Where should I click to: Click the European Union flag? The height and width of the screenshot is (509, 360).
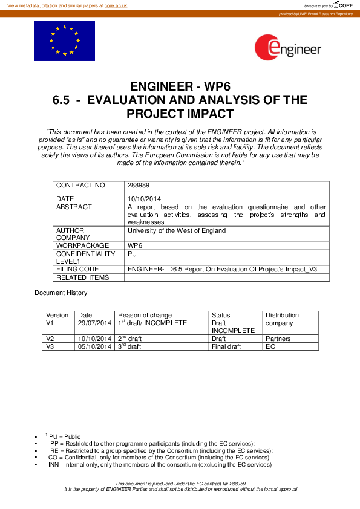[x=65, y=41]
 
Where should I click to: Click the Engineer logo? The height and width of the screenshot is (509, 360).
[x=288, y=48]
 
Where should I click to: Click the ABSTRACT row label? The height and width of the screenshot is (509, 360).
[x=74, y=207]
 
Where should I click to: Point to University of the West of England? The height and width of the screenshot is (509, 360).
[x=177, y=230]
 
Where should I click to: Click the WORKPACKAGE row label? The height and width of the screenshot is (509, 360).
[x=82, y=246]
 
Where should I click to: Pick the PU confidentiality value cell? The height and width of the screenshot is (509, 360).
[x=132, y=254]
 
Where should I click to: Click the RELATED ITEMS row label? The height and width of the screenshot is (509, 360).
[x=82, y=277]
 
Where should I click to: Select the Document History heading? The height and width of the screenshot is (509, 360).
[x=61, y=293]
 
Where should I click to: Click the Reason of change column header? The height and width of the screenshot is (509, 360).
[x=145, y=315]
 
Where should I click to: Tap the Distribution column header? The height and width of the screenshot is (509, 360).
[x=282, y=315]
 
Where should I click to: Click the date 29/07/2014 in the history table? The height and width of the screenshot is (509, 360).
[x=95, y=323]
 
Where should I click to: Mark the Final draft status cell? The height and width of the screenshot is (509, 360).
[x=226, y=346]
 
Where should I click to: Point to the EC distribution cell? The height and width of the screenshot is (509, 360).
[x=270, y=346]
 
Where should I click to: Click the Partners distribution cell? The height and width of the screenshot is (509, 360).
[x=278, y=339]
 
